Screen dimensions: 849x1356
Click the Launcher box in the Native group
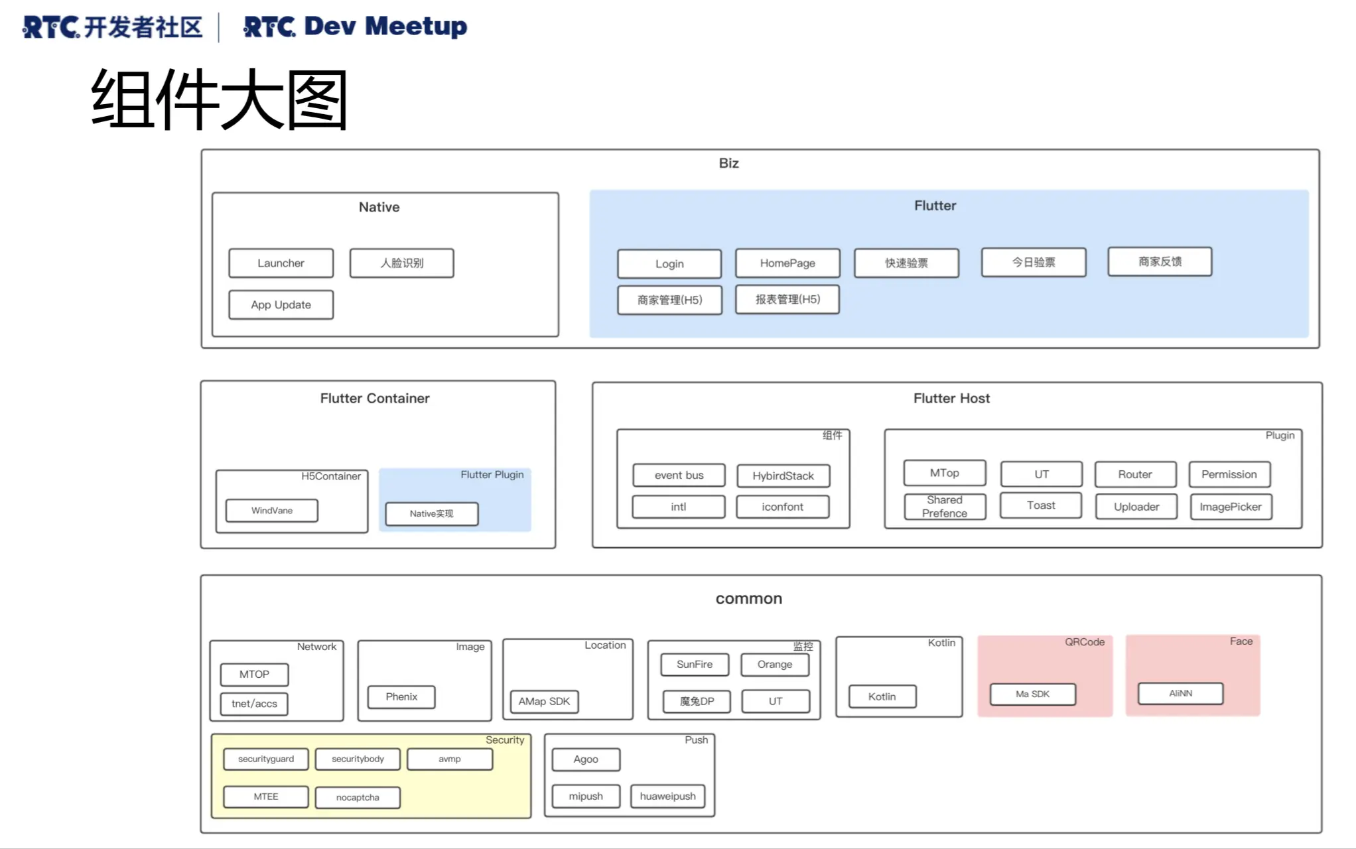pos(281,263)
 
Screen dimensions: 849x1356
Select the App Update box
pos(281,305)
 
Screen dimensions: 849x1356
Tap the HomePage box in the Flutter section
pos(787,263)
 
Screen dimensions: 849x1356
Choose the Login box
pos(669,264)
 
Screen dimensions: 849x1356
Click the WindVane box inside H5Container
pos(272,511)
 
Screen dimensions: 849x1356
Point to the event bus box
pos(679,476)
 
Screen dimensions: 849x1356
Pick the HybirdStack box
pos(783,476)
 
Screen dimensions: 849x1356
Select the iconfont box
pos(783,507)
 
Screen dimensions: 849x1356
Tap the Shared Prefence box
pos(945,507)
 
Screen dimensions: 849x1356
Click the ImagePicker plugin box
pos(1231,507)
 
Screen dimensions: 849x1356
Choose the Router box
pos(1135,475)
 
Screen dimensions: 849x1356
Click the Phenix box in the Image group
pos(401,697)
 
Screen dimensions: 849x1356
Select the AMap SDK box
pos(544,702)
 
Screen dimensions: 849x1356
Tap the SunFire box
pos(695,665)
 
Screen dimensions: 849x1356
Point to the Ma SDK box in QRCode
pos(1032,694)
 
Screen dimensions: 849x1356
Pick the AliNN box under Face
pos(1180,694)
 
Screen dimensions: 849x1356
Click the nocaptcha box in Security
pos(358,798)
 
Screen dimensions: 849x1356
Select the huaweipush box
pos(667,797)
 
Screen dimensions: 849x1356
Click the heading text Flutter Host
pos(951,399)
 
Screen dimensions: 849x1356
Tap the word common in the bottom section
pos(748,599)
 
